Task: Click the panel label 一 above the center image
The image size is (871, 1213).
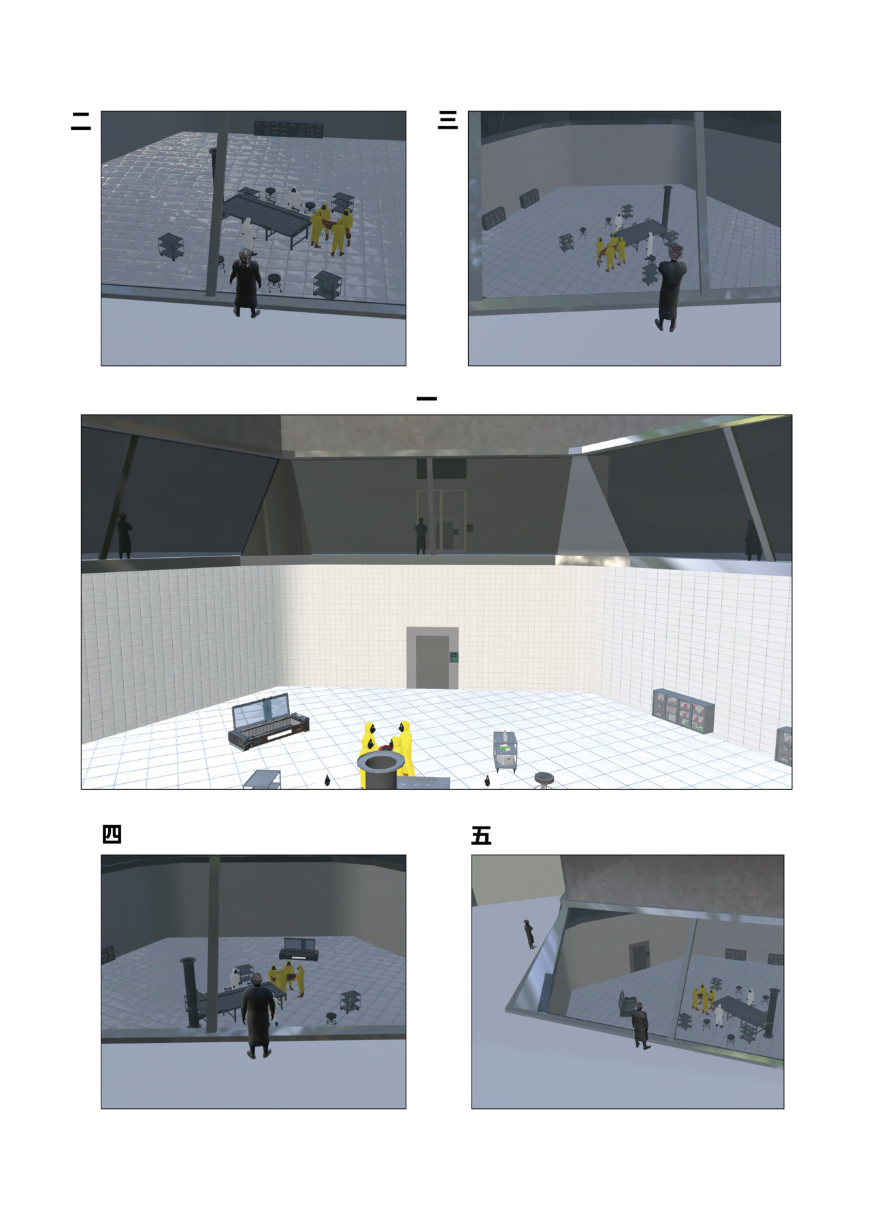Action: (x=426, y=399)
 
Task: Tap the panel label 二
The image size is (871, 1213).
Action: (x=81, y=121)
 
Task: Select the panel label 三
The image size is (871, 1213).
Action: (x=448, y=120)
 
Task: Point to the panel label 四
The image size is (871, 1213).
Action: (x=112, y=834)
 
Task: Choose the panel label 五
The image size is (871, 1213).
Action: (x=481, y=835)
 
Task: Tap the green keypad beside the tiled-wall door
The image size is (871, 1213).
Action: (x=453, y=657)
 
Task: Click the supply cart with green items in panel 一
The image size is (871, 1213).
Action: (x=506, y=752)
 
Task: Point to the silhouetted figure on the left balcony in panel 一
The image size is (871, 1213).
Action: (x=124, y=537)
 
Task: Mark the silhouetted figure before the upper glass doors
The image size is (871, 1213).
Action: (x=421, y=537)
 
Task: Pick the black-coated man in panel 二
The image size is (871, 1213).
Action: (x=246, y=282)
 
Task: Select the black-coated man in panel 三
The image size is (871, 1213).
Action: (x=671, y=287)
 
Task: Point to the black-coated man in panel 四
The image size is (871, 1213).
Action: (x=258, y=1015)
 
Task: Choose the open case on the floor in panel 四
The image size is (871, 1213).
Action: (x=299, y=949)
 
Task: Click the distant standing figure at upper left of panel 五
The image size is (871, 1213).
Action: (x=529, y=933)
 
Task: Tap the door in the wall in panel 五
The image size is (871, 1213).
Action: (x=639, y=957)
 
